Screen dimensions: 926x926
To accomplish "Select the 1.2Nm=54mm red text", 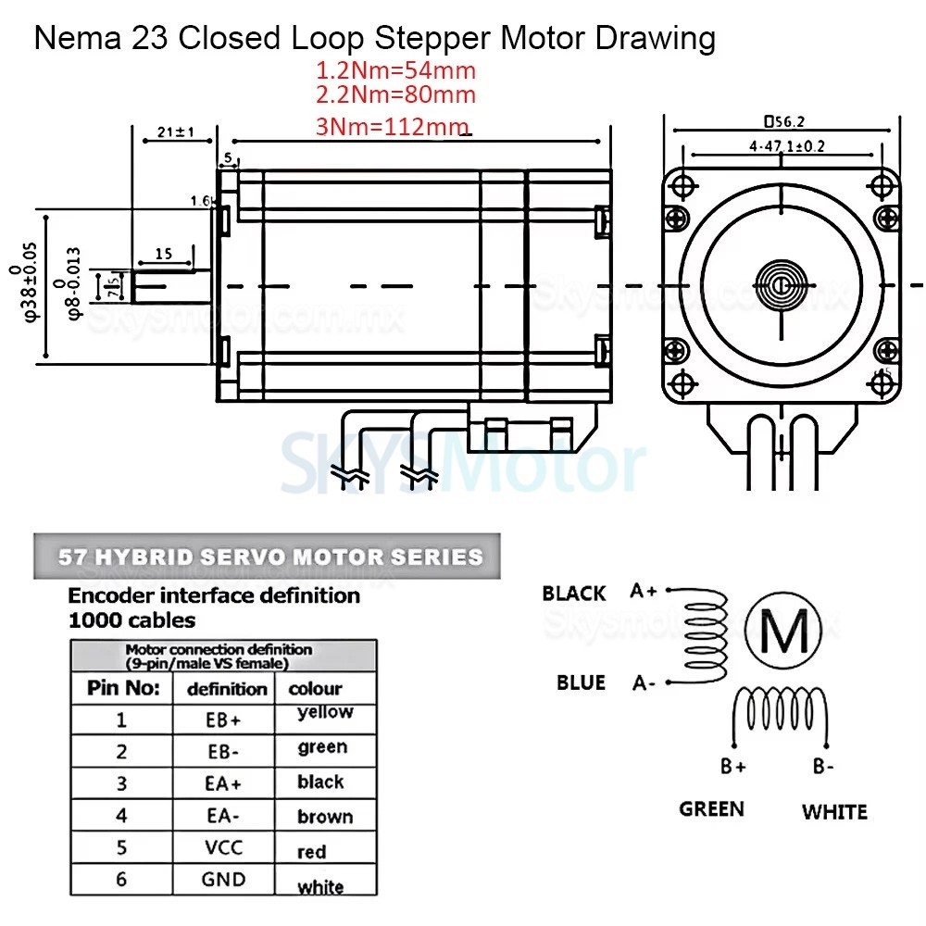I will (396, 69).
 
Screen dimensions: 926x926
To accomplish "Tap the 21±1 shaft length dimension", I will (175, 132).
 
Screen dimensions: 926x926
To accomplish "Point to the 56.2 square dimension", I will (782, 120).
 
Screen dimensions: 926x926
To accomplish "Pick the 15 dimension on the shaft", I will (163, 253).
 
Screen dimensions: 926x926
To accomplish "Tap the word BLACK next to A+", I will (574, 593).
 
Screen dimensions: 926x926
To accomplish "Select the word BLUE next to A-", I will (581, 682).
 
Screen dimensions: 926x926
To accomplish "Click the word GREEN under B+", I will (711, 808).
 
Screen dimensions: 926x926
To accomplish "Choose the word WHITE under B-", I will (834, 811).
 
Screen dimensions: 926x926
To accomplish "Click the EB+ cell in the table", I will (223, 720).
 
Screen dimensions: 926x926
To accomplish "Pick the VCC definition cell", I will (223, 847).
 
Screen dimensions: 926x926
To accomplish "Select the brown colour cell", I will (324, 817).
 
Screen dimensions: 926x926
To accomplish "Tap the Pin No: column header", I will (122, 688).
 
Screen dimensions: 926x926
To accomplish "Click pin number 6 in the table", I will (121, 879).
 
